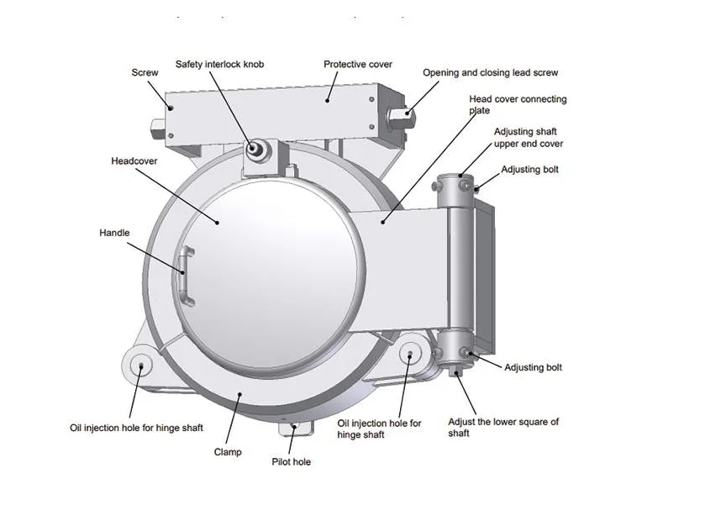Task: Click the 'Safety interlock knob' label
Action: click(x=219, y=64)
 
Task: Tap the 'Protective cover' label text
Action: click(x=357, y=64)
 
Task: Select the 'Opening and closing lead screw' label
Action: click(x=490, y=72)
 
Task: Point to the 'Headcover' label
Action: click(x=134, y=160)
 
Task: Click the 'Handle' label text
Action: click(x=114, y=232)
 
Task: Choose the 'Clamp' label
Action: click(x=227, y=452)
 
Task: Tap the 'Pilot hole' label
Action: click(x=291, y=462)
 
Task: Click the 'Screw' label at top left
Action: click(x=145, y=72)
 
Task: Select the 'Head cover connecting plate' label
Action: click(x=517, y=104)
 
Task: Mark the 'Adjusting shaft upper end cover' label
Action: click(x=527, y=138)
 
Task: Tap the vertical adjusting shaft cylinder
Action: click(x=460, y=260)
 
